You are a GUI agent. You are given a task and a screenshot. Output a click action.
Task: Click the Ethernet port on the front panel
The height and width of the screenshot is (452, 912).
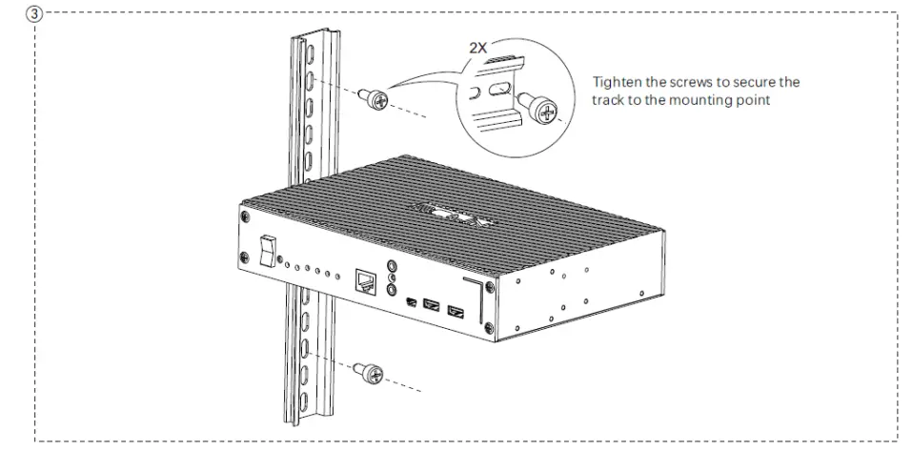(365, 280)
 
